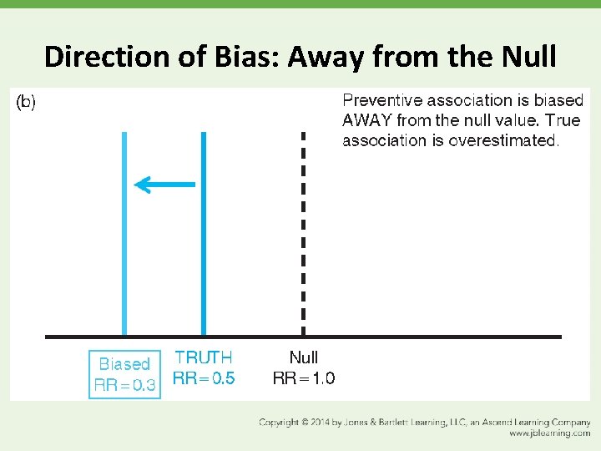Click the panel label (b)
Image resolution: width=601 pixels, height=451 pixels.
pyautogui.click(x=27, y=102)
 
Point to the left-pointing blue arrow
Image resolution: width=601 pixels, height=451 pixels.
pyautogui.click(x=164, y=185)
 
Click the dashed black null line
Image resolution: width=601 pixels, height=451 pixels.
pyautogui.click(x=303, y=234)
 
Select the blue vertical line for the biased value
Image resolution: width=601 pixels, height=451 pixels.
pyautogui.click(x=124, y=234)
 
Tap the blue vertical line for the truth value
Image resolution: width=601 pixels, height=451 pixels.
pyautogui.click(x=203, y=234)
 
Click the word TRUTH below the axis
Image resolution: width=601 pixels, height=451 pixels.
pyautogui.click(x=203, y=358)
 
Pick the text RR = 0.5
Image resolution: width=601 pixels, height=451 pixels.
pyautogui.click(x=203, y=378)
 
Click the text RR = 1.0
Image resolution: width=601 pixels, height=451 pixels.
pyautogui.click(x=304, y=378)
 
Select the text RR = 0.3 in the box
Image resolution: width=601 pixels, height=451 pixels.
pyautogui.click(x=124, y=385)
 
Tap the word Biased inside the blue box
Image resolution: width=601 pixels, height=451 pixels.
pyautogui.click(x=124, y=364)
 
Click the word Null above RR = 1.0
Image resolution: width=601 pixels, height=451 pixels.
pyautogui.click(x=304, y=358)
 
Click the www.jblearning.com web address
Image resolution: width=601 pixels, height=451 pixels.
pyautogui.click(x=549, y=433)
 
